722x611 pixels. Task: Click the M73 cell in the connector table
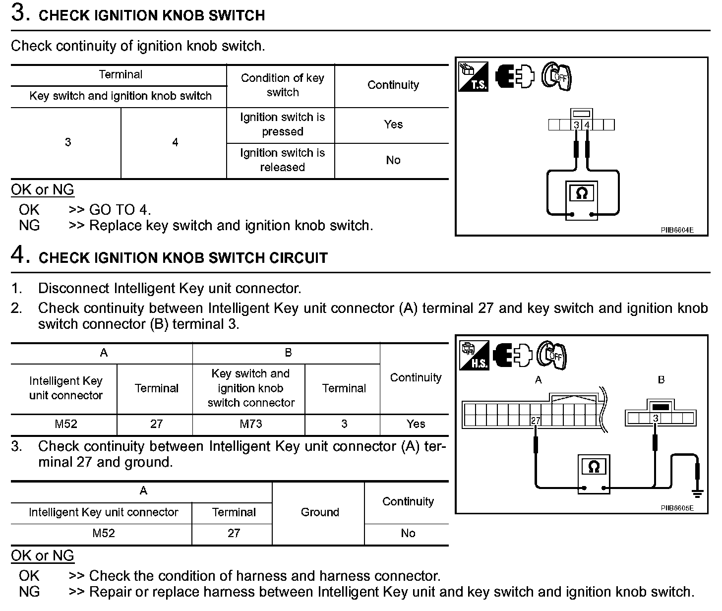click(250, 424)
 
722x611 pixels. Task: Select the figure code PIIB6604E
click(677, 230)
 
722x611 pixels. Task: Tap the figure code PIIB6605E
click(677, 508)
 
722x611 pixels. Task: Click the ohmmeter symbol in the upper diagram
click(582, 193)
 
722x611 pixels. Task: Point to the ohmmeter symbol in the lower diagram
click(594, 467)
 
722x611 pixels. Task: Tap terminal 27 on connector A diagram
click(536, 421)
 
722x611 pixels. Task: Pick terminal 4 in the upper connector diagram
click(587, 125)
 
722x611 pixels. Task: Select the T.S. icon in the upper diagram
click(474, 77)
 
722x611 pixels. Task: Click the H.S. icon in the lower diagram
click(474, 355)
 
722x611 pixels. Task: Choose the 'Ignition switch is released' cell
click(282, 160)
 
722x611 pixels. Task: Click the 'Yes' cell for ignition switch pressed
click(393, 124)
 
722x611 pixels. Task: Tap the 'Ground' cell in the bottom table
click(320, 512)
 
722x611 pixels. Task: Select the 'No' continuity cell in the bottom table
click(408, 533)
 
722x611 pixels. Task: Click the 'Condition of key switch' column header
click(282, 85)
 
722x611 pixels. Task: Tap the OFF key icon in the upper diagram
click(556, 77)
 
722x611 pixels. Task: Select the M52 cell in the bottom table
click(104, 533)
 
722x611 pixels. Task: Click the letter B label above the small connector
click(661, 380)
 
